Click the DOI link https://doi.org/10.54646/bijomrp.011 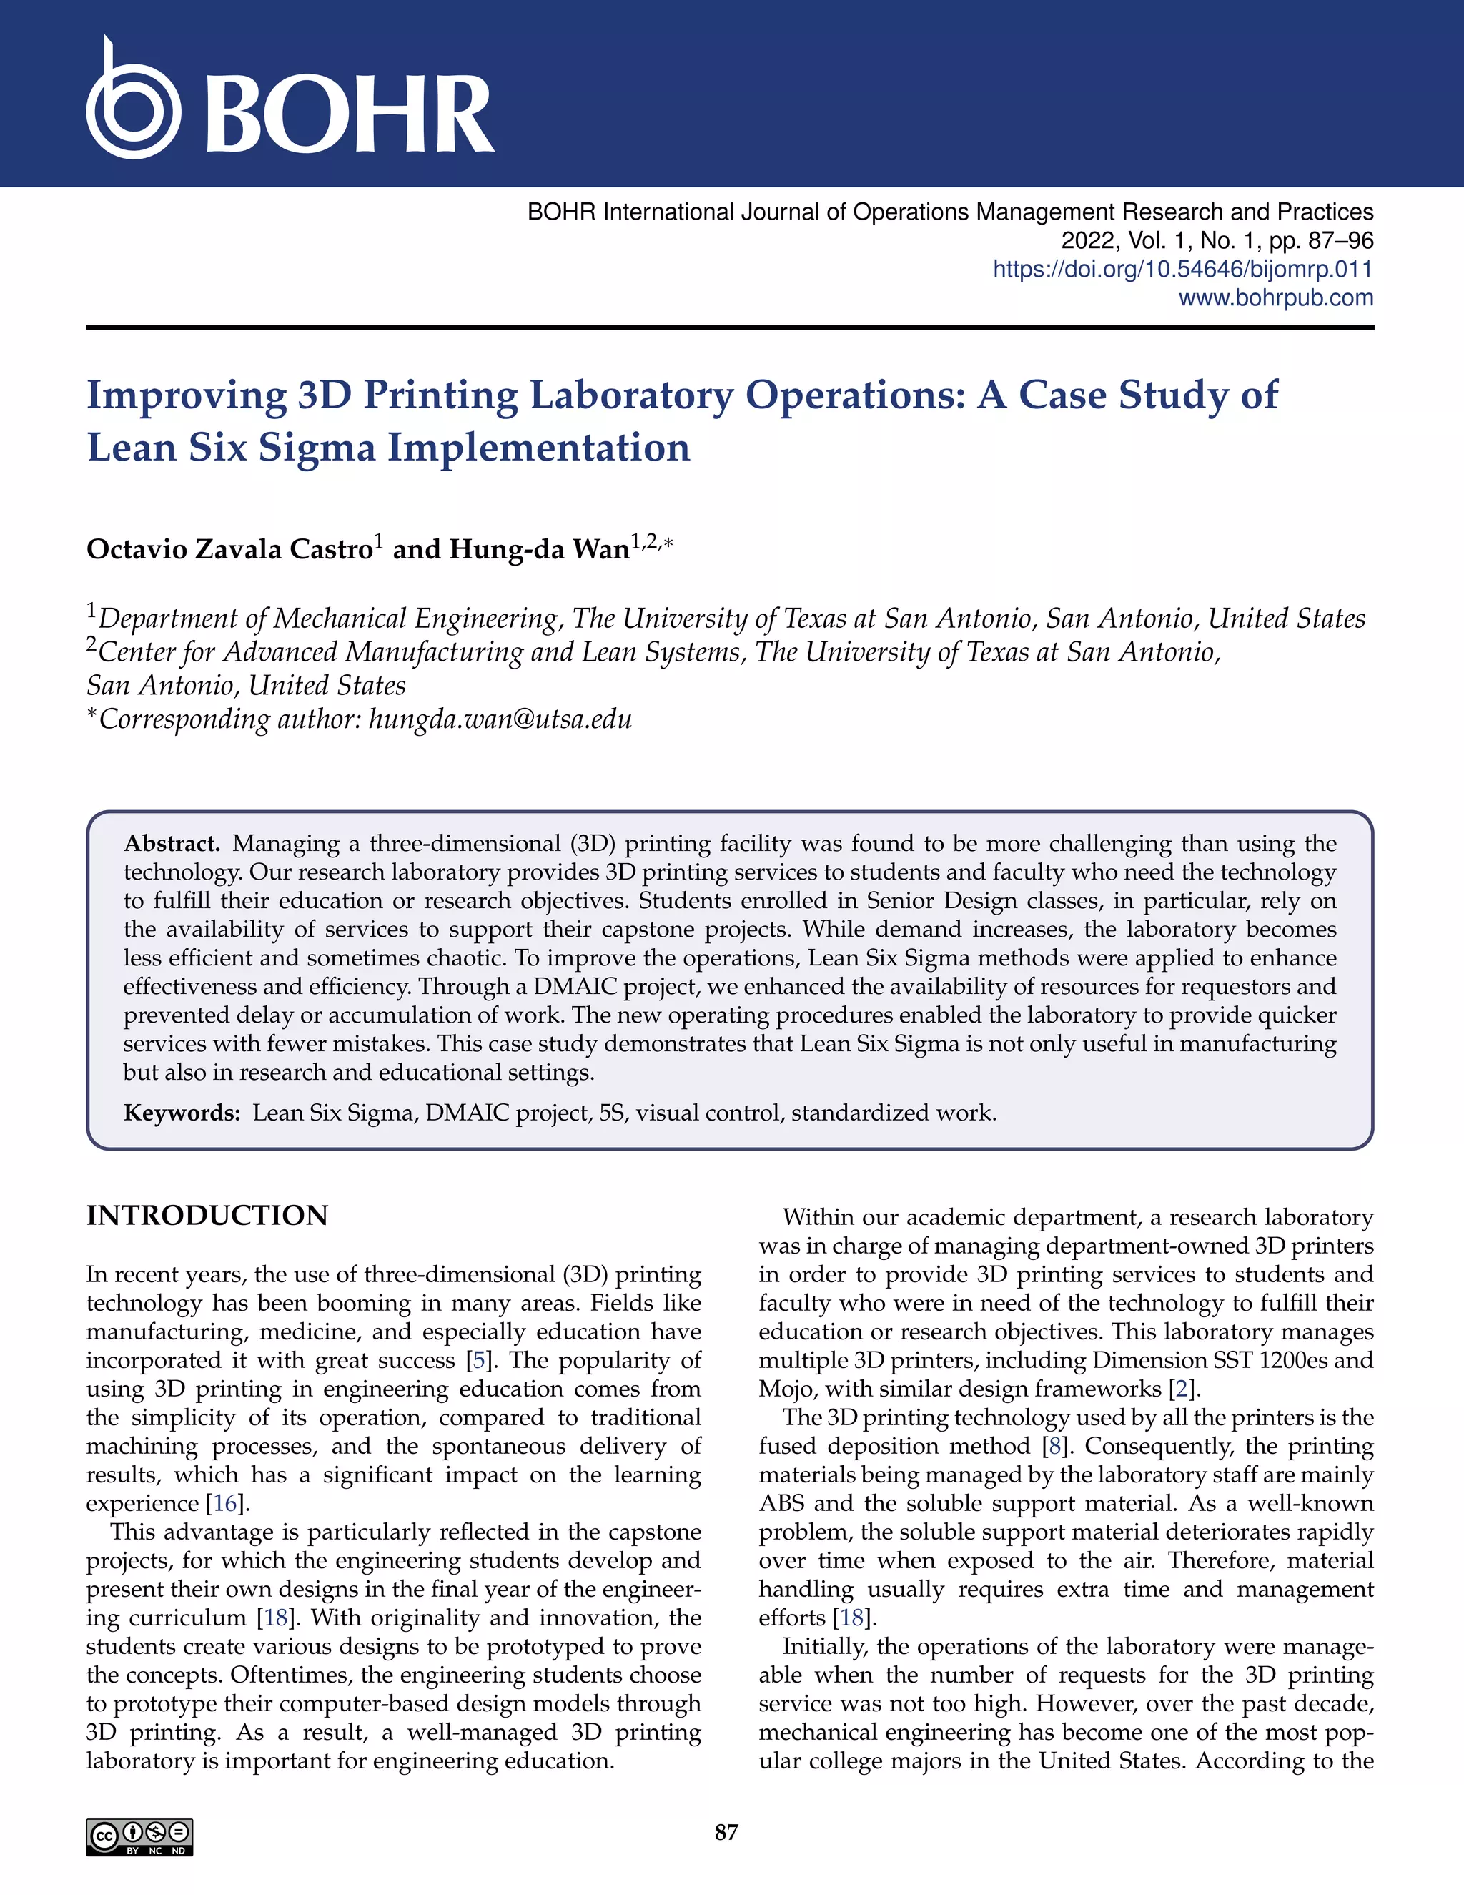pyautogui.click(x=1182, y=269)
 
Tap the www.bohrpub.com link pyautogui.click(x=1275, y=297)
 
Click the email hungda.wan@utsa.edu pyautogui.click(x=500, y=719)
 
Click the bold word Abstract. pyautogui.click(x=172, y=843)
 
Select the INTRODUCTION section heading pyautogui.click(x=207, y=1216)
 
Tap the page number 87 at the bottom pyautogui.click(x=726, y=1831)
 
